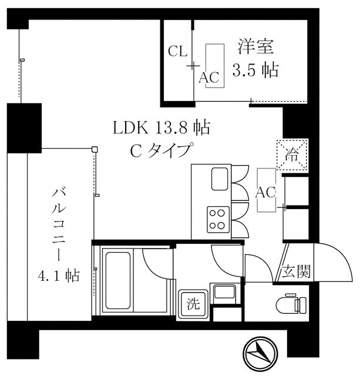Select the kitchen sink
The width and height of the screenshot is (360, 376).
click(221, 178)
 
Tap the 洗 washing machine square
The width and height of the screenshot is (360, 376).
click(192, 304)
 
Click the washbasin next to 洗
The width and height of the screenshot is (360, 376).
click(223, 293)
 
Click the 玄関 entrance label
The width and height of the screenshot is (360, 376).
click(295, 273)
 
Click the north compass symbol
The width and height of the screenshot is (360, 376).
click(261, 355)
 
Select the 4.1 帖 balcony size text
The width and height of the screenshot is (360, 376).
click(59, 275)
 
